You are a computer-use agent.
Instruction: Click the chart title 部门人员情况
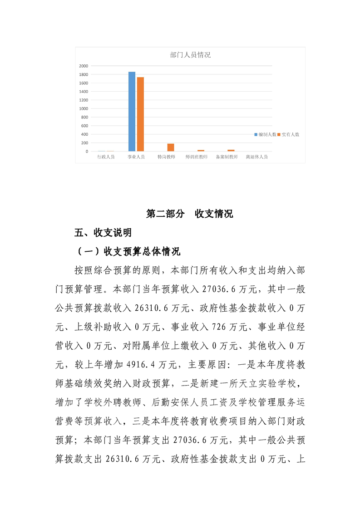(190, 55)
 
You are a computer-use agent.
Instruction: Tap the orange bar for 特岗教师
(171, 147)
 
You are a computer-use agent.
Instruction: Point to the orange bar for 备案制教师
(231, 150)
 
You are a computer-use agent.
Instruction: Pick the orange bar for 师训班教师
(201, 150)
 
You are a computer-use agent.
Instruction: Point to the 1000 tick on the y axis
(83, 108)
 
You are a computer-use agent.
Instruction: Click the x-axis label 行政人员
(106, 157)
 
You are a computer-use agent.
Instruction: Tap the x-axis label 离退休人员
(256, 157)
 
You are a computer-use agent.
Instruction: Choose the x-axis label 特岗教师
(166, 157)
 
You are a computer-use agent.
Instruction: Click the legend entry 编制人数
(267, 135)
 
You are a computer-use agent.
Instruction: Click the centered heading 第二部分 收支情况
(190, 214)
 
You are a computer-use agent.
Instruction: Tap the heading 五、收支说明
(103, 233)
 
